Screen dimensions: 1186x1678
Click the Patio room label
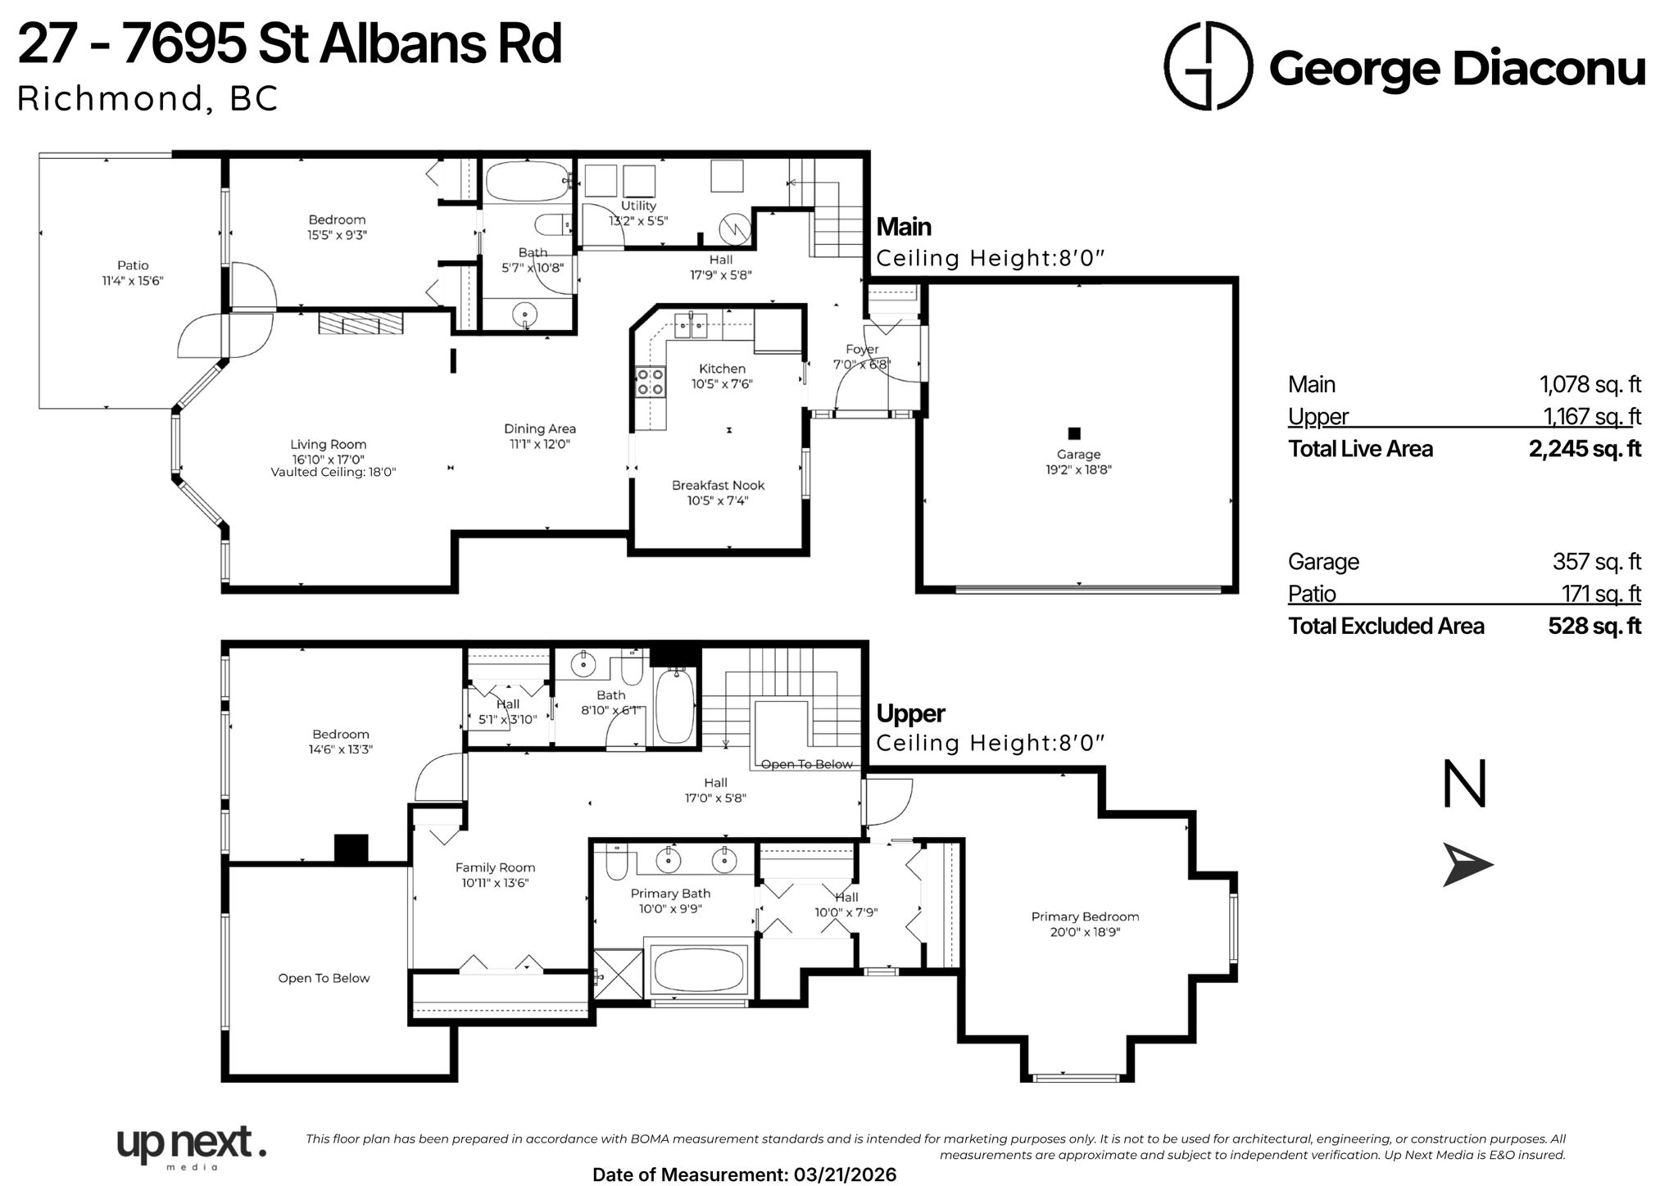point(133,265)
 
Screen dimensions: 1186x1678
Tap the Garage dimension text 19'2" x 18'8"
point(1078,470)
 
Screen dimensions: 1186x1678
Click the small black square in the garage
point(1075,433)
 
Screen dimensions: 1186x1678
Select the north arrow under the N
point(1467,867)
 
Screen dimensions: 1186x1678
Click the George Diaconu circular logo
point(1209,66)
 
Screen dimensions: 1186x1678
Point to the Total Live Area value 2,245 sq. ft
point(1585,449)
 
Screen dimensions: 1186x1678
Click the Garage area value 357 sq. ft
point(1596,562)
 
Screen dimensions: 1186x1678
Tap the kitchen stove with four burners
point(651,382)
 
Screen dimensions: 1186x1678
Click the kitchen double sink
point(691,324)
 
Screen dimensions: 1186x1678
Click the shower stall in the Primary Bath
point(619,974)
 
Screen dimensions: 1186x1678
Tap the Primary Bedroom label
point(1085,917)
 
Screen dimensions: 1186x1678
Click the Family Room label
point(495,867)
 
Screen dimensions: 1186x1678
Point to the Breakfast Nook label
point(718,485)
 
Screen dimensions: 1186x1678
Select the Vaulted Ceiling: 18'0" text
point(333,473)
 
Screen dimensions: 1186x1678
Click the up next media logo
point(191,1145)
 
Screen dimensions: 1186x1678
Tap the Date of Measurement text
point(744,1175)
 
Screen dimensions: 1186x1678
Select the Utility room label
point(638,206)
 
